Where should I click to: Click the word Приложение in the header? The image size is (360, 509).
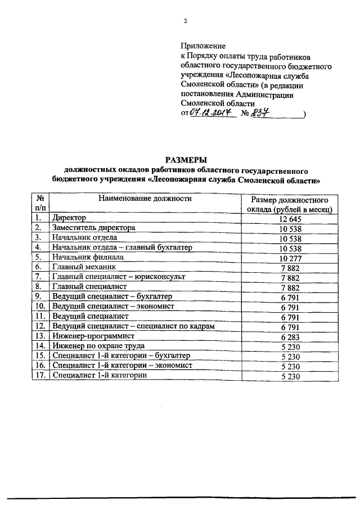point(203,46)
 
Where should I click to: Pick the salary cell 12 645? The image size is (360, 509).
point(291,218)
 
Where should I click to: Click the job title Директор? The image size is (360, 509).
point(67,218)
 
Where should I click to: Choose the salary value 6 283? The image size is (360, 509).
point(291,336)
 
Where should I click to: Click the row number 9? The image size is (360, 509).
point(38,296)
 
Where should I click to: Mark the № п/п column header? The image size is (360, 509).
point(40,203)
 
